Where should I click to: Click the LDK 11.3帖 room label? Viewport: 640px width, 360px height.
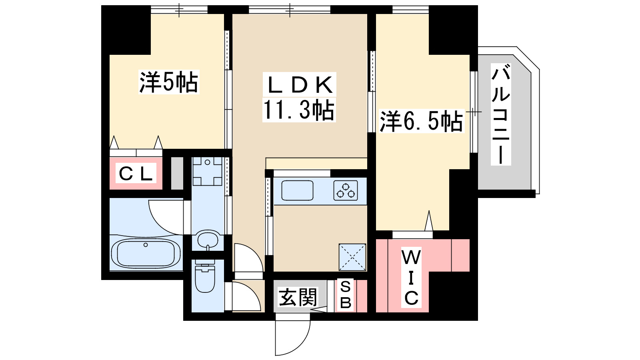coord(299,97)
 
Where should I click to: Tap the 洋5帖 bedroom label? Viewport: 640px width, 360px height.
coord(169,82)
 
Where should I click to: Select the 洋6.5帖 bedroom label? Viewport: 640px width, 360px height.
coord(421,121)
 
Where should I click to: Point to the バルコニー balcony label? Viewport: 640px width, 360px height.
coord(501,114)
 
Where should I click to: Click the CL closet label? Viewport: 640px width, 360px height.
coord(136,174)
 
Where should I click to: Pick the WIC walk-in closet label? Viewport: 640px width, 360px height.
coord(411,278)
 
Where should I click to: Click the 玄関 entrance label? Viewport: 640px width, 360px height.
coord(298,298)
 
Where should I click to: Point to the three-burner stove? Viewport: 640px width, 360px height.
coord(346,190)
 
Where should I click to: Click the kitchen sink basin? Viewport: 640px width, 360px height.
coord(297,190)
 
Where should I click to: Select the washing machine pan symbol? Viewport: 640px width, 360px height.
coord(207,171)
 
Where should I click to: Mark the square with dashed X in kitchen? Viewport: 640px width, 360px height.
coord(352,257)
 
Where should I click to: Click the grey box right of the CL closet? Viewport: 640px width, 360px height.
coord(177,173)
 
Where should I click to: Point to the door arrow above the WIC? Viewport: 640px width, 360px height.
coord(429,221)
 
